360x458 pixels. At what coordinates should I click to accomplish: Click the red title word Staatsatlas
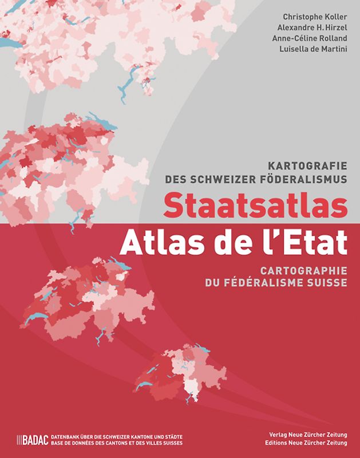pos(255,207)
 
